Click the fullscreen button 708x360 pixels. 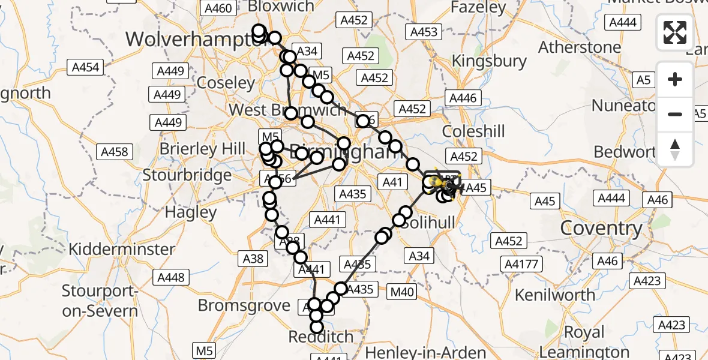tap(675, 32)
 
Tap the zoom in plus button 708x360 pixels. tap(675, 79)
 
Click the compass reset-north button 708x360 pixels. tap(675, 149)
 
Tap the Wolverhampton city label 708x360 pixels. tap(187, 40)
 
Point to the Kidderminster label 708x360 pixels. tap(122, 248)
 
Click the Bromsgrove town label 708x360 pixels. tap(244, 305)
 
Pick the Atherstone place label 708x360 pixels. tap(580, 47)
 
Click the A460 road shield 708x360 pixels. tap(217, 8)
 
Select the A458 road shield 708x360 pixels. tap(115, 151)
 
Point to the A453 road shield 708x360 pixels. tap(424, 32)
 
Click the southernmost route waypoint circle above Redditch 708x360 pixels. tap(316, 327)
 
